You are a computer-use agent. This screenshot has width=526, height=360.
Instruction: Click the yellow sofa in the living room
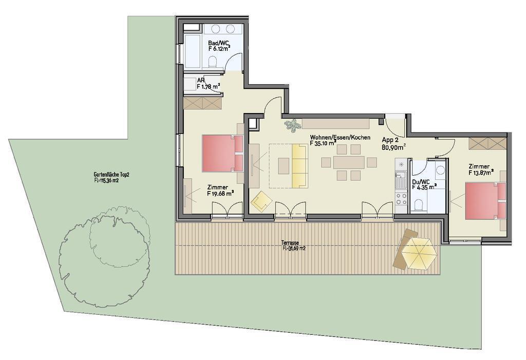point(299,165)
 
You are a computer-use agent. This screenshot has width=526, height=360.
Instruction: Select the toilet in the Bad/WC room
point(212,62)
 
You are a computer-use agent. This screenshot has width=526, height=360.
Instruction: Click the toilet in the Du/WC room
point(419,205)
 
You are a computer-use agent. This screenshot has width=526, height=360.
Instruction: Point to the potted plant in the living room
point(293,125)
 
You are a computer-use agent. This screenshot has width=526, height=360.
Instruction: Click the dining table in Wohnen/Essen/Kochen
point(349,162)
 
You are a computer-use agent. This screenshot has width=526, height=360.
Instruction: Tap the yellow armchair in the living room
point(261,201)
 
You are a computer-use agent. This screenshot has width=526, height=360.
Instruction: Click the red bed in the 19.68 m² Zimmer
point(222,153)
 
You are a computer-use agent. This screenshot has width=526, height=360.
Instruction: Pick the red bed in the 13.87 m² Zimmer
point(485,201)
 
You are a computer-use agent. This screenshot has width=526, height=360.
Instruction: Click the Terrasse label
point(291,243)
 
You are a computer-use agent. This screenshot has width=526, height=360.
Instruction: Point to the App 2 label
point(390,140)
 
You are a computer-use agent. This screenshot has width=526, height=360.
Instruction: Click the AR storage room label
point(201,81)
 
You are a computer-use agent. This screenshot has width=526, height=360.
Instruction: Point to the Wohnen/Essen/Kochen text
point(340,137)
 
